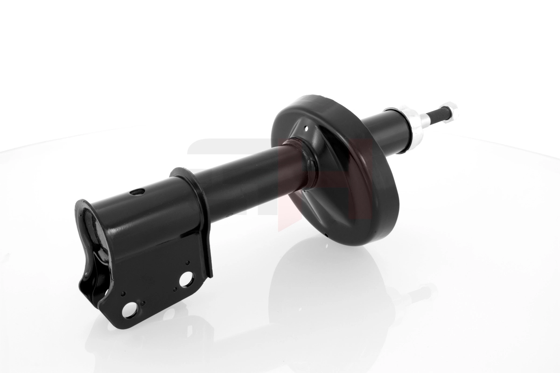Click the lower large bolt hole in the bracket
[x=130, y=309]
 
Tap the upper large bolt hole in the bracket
[x=186, y=279]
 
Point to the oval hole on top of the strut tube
[x=138, y=192]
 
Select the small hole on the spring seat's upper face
[x=306, y=127]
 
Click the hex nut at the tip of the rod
[x=450, y=111]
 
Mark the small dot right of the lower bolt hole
[x=143, y=303]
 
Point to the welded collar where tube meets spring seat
[x=303, y=163]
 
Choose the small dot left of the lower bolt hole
[x=122, y=294]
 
